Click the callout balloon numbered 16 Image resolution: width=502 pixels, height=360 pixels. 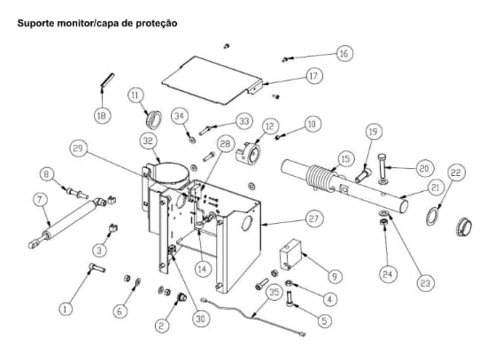[344, 54]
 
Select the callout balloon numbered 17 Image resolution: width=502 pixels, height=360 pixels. [313, 76]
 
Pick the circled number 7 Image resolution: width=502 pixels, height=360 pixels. [40, 200]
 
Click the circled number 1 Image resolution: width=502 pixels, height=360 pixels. [66, 308]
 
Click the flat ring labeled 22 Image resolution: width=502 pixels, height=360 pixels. [436, 214]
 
